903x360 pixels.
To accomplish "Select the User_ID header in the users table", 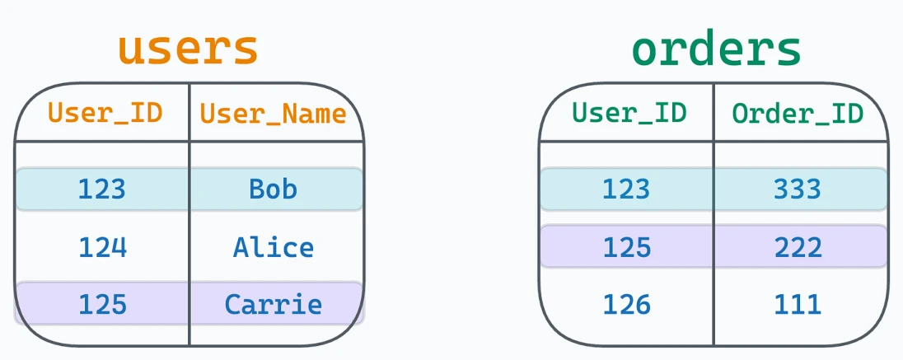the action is tap(105, 114).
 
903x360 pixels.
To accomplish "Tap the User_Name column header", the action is tap(273, 114).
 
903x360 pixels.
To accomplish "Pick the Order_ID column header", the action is tap(798, 114).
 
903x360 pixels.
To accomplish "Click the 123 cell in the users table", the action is tap(102, 189).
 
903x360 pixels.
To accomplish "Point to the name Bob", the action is tap(273, 189).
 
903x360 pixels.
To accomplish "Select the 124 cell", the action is tap(102, 248).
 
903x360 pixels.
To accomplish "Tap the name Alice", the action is tap(273, 248).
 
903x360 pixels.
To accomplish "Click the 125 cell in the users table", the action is tap(102, 304).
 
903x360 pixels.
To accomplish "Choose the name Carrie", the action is tap(273, 304).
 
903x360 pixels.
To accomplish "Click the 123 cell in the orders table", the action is tap(626, 189).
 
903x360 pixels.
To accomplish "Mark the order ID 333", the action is tap(798, 189).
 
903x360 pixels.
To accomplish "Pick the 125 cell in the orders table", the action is tap(626, 248).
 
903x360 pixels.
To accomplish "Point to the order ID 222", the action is tap(798, 248).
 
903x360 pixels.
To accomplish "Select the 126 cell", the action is tap(626, 304).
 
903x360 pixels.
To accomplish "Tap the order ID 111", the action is tap(798, 304).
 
